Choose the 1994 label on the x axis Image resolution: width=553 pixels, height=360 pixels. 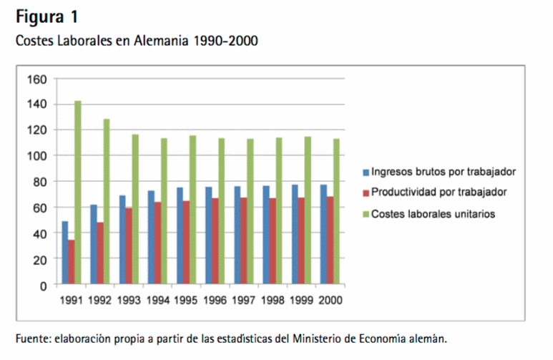coord(157,300)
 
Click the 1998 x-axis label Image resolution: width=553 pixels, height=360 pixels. coord(273,300)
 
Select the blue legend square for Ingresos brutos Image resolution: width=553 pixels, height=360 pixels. coord(366,172)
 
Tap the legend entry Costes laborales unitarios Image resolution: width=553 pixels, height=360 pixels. coord(433,213)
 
